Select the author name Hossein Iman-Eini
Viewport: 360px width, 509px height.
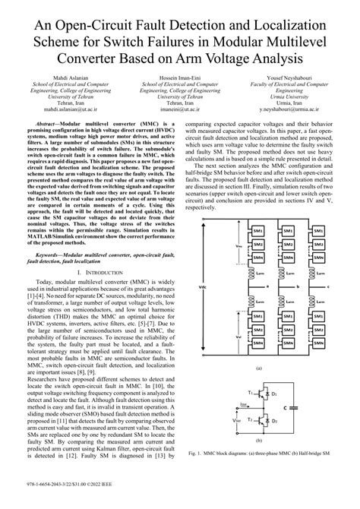(x=180, y=77)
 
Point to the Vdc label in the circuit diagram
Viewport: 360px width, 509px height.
(x=201, y=287)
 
